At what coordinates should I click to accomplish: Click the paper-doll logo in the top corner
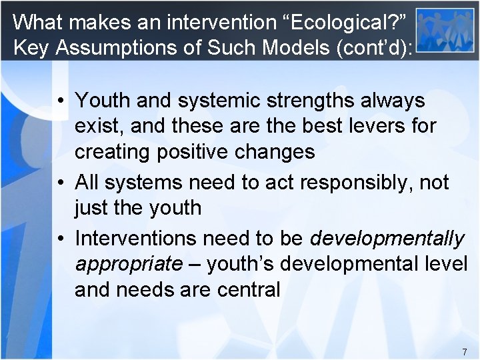pos(445,31)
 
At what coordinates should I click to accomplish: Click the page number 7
pos(464,351)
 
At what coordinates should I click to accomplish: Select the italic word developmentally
pos(387,238)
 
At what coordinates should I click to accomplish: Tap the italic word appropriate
pos(129,264)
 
